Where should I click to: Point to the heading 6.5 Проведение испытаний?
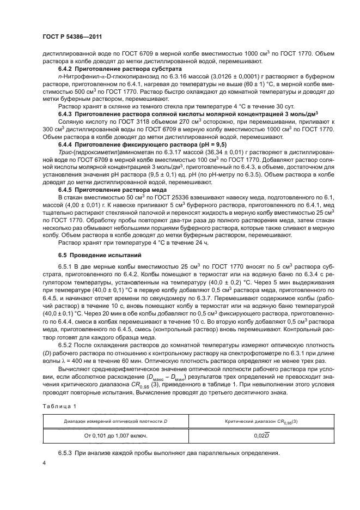pos(91,255)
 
